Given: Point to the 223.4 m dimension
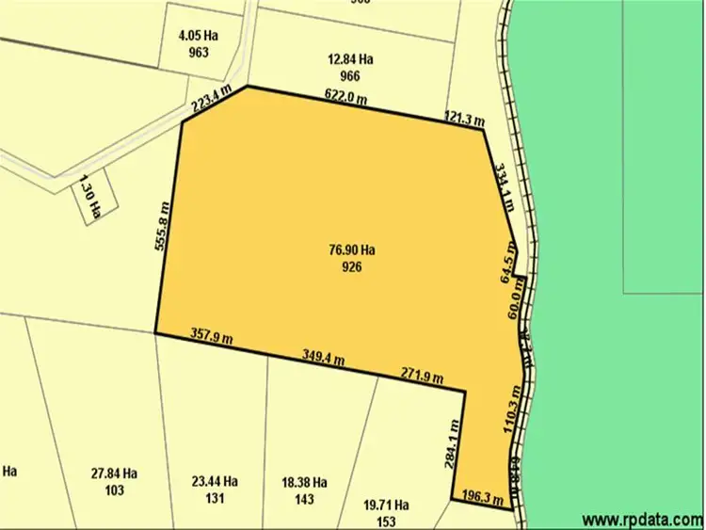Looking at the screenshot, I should click(212, 101).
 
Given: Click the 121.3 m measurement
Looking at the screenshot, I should click(464, 119).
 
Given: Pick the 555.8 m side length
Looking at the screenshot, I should click(163, 226).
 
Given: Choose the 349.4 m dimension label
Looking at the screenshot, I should click(324, 357).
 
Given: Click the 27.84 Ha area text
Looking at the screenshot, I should click(114, 474).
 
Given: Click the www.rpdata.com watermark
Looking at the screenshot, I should click(643, 519).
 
